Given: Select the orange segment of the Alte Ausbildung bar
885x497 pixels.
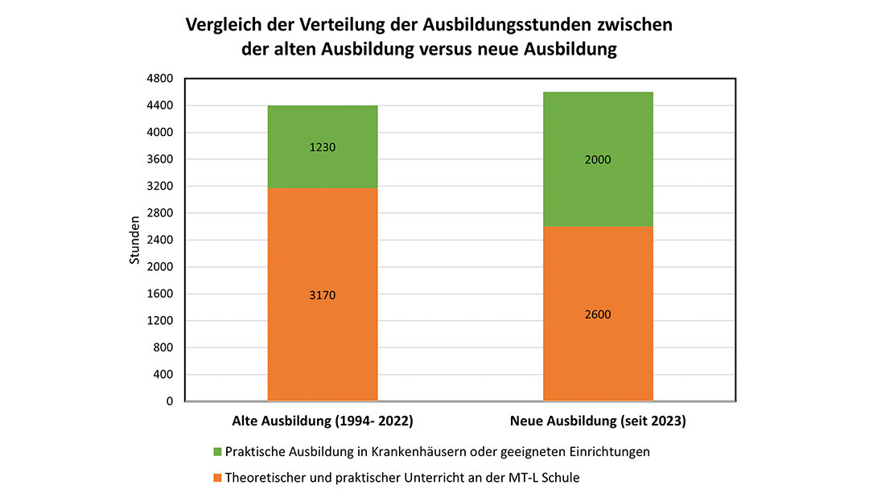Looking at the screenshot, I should (323, 338).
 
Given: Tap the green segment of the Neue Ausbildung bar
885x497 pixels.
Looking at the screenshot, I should (598, 193).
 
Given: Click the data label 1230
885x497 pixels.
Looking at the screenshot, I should (323, 148).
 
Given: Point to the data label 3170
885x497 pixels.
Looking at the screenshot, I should (323, 295).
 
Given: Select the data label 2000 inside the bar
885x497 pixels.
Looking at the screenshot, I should (598, 160).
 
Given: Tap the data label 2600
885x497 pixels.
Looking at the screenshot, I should (598, 314).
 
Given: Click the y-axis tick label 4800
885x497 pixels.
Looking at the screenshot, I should (161, 79).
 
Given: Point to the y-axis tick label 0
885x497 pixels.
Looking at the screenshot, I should (170, 401).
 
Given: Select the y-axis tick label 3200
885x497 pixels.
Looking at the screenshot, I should (161, 187).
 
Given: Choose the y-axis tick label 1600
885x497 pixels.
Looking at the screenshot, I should (161, 294).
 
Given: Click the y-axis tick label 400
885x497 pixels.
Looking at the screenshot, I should (163, 375).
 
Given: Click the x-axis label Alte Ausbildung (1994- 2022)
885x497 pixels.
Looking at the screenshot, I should (323, 421).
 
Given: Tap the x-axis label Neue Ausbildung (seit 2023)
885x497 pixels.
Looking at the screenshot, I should (598, 421).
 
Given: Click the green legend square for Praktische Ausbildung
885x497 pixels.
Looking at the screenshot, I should (217, 452).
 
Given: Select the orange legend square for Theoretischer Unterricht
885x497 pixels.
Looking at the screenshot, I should (217, 478).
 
